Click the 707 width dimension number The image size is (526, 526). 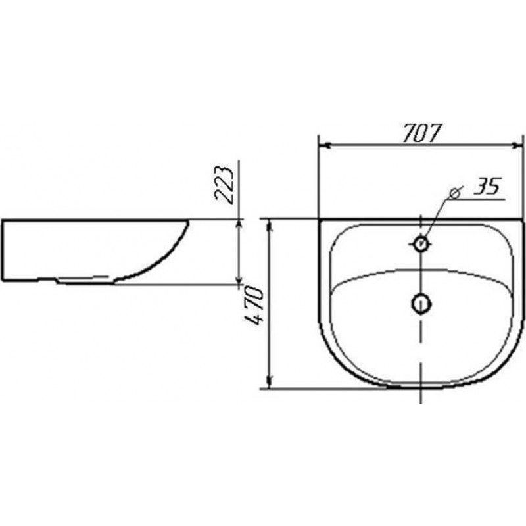point(421,133)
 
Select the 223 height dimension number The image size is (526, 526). point(224,185)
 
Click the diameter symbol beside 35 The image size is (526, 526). point(455,193)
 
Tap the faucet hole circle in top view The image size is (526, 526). point(421,243)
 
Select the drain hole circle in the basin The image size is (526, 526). point(421,304)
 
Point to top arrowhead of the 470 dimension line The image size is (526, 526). point(269,226)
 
